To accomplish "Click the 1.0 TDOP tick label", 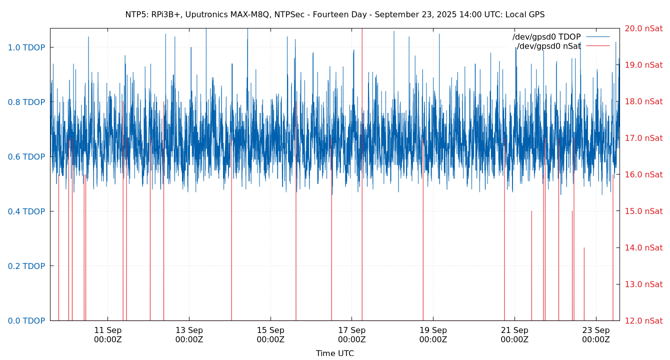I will point(26,47).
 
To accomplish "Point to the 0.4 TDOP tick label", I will point(26,211).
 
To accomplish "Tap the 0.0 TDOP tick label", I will point(26,321).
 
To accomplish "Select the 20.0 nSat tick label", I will point(643,28).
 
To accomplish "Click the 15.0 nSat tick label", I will point(643,211).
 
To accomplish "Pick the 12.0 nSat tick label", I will point(643,321).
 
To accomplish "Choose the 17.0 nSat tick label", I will point(643,138).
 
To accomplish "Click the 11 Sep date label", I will point(107,330).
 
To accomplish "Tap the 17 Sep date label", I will point(351,330).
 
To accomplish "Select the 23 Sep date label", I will point(596,330).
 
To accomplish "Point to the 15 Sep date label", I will point(270,330).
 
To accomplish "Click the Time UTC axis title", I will point(334,353).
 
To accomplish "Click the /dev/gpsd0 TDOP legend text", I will point(546,37).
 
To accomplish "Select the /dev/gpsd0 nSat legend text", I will point(548,46).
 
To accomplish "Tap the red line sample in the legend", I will point(598,37).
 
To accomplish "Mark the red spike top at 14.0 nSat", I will point(584,247).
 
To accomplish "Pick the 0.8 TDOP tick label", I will point(26,102).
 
